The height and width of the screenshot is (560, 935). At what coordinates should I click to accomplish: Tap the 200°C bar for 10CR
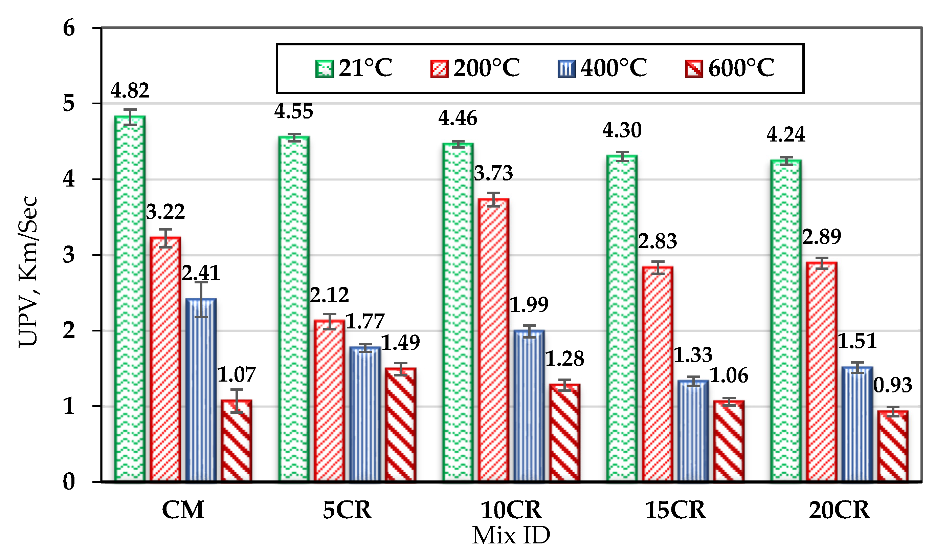[x=493, y=340]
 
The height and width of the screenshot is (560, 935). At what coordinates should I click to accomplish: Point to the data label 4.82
[x=130, y=90]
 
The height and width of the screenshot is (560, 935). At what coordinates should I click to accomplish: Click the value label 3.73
[x=493, y=173]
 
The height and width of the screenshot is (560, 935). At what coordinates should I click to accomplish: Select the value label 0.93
[x=892, y=385]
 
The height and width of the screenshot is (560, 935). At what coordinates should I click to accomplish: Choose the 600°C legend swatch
[x=694, y=69]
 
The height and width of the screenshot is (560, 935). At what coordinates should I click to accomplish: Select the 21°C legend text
[x=365, y=68]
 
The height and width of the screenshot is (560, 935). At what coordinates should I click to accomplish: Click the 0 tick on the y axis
[x=69, y=482]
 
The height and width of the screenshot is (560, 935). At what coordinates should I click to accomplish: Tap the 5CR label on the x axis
[x=347, y=510]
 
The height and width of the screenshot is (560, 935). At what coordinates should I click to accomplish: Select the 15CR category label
[x=675, y=510]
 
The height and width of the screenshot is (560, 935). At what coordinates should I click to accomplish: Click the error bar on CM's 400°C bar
[x=201, y=300]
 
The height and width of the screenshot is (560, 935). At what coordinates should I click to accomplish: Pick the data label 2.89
[x=822, y=237]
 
